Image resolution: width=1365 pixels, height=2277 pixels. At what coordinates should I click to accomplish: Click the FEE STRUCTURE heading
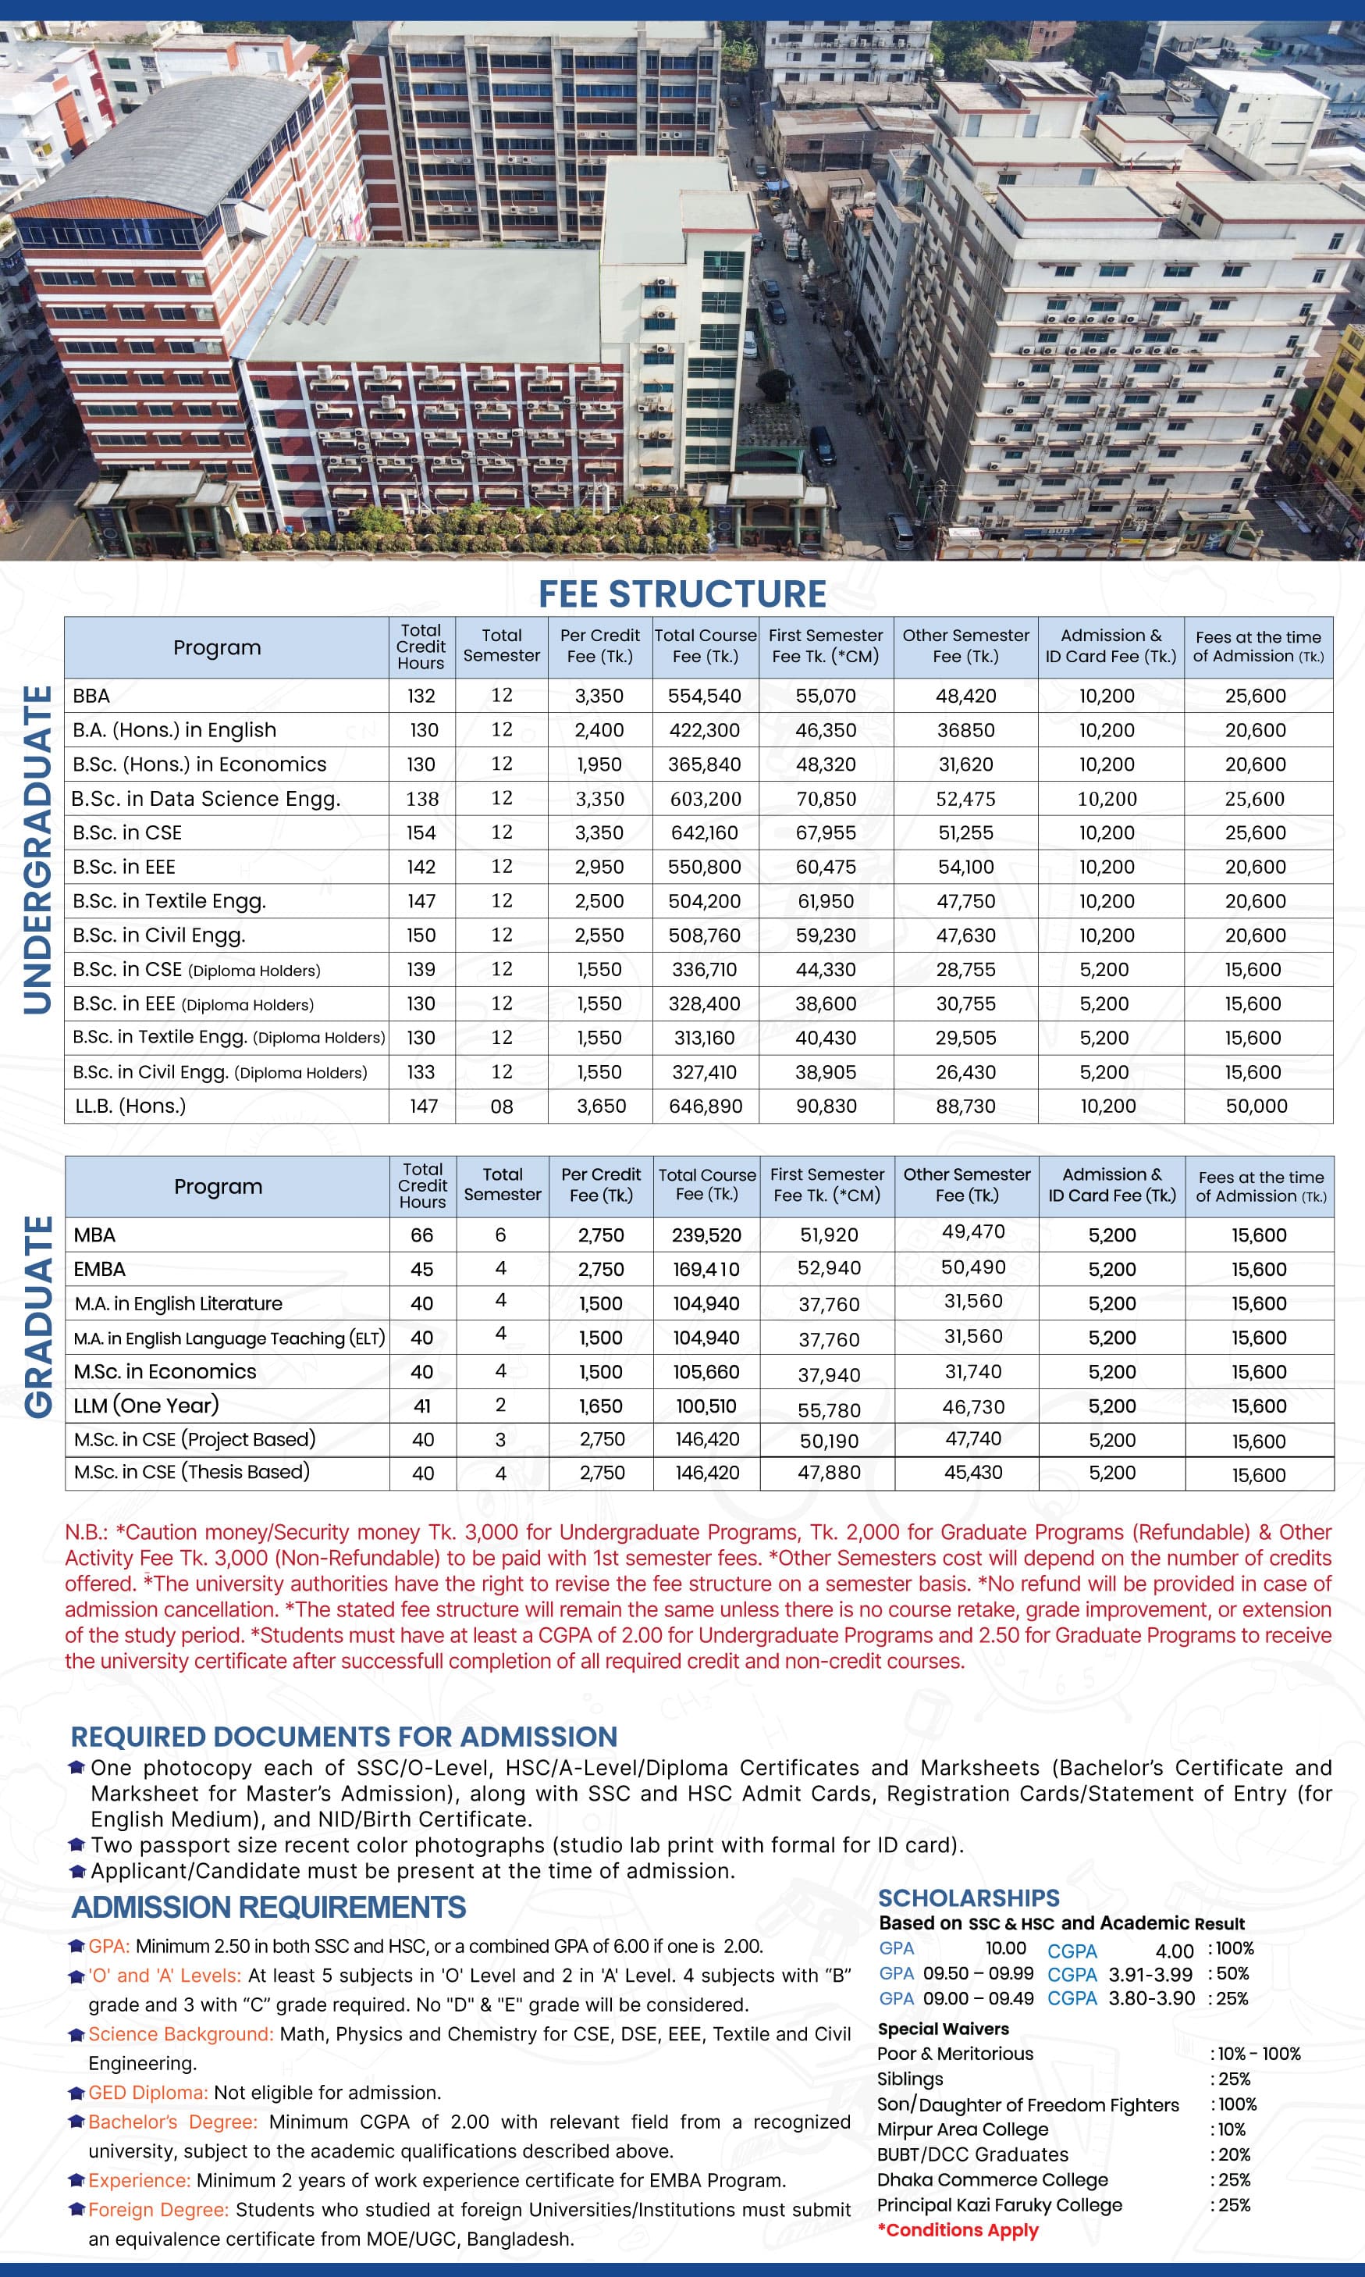point(681,594)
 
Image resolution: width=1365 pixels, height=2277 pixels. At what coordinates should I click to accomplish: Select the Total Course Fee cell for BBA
point(705,697)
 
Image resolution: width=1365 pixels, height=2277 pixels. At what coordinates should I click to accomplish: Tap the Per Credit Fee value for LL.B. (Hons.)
point(601,1106)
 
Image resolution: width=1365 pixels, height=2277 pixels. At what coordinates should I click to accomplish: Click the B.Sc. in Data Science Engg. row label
point(206,799)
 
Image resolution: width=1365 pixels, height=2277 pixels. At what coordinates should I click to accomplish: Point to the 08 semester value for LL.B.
point(501,1106)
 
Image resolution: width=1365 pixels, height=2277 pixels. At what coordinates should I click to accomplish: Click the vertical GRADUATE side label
point(37,1317)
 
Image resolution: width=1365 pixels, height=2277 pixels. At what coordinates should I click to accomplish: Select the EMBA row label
point(99,1270)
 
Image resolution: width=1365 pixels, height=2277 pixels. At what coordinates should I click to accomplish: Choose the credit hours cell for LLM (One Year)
point(422,1406)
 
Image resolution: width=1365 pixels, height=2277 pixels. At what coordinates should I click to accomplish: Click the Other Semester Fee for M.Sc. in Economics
point(973,1372)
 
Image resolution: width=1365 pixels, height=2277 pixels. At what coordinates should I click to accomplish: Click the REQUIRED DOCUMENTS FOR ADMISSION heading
point(344,1737)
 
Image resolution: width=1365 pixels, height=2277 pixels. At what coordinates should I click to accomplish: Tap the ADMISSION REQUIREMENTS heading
point(268,1907)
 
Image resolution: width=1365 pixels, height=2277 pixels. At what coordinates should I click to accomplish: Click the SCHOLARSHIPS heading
point(969,1898)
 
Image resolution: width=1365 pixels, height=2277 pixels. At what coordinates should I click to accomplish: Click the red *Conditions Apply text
point(958,2230)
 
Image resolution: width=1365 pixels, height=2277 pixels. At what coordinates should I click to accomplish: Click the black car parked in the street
point(821,445)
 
